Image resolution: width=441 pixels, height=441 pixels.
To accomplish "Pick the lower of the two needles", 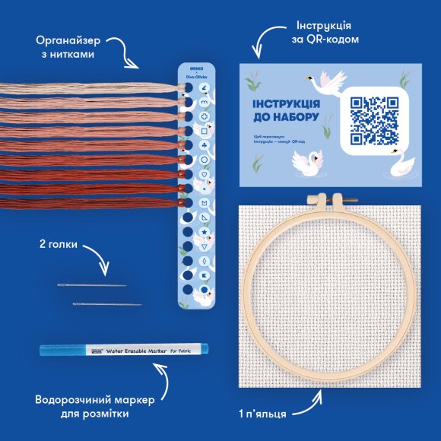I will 106,304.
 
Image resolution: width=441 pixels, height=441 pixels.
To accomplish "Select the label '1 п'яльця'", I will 262,415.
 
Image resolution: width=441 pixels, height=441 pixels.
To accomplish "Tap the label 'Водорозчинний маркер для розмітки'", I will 81,407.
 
